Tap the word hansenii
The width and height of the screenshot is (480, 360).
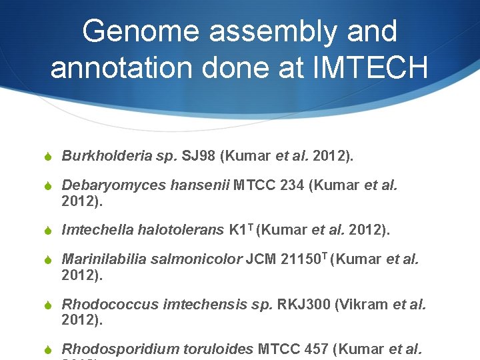click(197, 185)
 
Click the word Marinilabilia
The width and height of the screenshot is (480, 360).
click(104, 259)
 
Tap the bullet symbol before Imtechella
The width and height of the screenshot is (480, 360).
click(47, 231)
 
